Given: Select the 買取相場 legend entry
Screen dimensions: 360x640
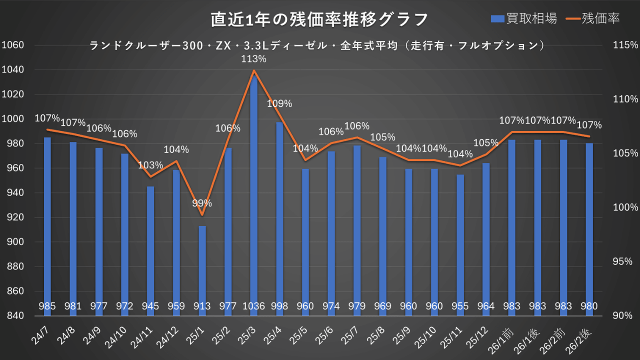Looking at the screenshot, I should (523, 19).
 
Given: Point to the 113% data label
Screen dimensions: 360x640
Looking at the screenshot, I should (253, 59).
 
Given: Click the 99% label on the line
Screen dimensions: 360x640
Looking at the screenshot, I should (202, 203).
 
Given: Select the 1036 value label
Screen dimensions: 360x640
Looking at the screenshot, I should (253, 306).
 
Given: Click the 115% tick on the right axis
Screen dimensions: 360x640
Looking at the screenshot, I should (625, 45).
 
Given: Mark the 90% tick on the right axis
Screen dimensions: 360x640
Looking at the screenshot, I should (623, 315).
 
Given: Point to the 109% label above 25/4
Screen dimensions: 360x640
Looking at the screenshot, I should (279, 104).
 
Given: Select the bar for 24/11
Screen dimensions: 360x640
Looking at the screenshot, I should (150, 250).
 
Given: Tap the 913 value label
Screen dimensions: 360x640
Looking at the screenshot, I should (202, 306).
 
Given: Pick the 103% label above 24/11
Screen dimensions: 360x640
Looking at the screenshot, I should (150, 165).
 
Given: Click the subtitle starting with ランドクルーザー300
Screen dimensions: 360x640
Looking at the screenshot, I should (316, 45).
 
